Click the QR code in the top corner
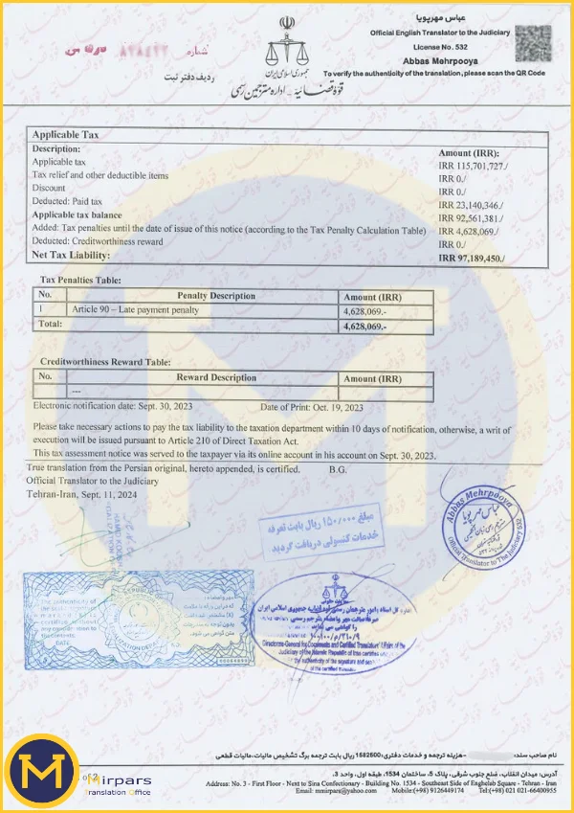[527, 43]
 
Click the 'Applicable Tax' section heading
[66, 135]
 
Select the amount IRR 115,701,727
[473, 166]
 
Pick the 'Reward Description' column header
[203, 378]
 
